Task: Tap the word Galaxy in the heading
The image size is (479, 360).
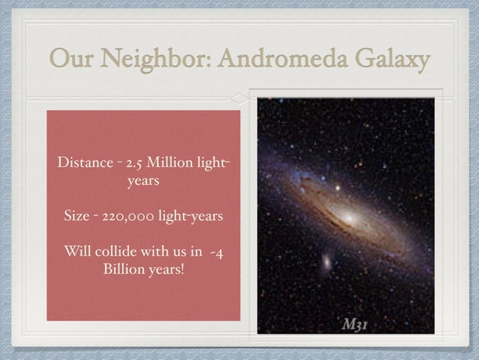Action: [392, 58]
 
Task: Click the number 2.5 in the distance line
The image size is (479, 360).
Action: [135, 163]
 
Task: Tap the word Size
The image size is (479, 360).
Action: [77, 217]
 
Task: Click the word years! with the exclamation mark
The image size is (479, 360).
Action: [165, 269]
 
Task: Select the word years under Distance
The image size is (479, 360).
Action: [143, 181]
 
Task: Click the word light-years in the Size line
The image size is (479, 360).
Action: [187, 217]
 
